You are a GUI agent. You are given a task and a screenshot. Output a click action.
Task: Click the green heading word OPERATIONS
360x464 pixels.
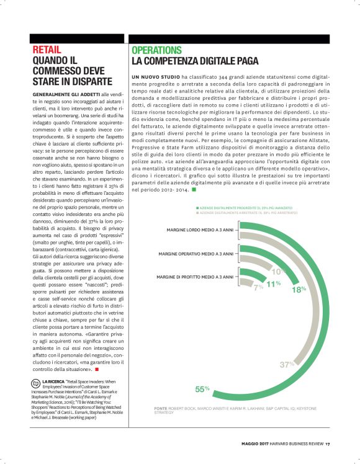[x=156, y=50]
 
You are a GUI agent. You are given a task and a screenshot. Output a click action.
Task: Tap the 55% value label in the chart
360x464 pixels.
[x=202, y=389]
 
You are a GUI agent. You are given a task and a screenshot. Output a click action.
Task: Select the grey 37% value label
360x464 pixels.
[x=286, y=364]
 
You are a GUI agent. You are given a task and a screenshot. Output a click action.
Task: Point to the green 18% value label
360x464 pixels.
[x=299, y=289]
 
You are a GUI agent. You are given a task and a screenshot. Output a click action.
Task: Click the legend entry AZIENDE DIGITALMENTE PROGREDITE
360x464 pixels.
[x=245, y=207]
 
